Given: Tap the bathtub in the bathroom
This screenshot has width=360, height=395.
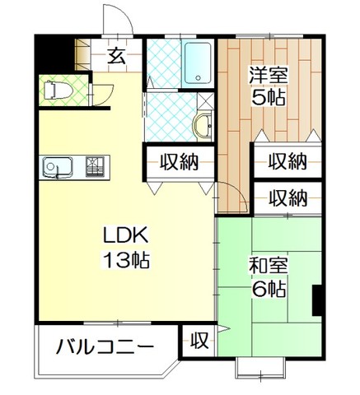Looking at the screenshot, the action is point(198,63).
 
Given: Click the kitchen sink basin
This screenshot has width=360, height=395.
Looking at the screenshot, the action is point(58,167).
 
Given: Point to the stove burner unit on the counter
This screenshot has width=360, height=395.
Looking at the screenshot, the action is point(95,166).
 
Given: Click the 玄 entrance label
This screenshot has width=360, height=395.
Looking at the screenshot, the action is point(116,56).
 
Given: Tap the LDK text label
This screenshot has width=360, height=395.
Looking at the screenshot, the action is point(126,235).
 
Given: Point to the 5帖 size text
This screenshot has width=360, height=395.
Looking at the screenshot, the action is point(269,97).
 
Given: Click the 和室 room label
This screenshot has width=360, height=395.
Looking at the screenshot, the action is point(269,265).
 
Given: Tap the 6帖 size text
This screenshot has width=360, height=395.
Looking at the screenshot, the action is point(269,289).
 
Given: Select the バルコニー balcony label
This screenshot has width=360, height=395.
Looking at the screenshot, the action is point(105,346).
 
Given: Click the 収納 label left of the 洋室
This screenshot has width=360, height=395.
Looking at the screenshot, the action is point(179,162).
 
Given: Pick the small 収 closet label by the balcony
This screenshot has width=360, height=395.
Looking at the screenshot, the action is point(199,341).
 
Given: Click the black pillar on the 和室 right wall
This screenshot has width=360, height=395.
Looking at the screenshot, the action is point(317,300).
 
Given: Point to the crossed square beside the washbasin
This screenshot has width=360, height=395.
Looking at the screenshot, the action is point(205,100).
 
